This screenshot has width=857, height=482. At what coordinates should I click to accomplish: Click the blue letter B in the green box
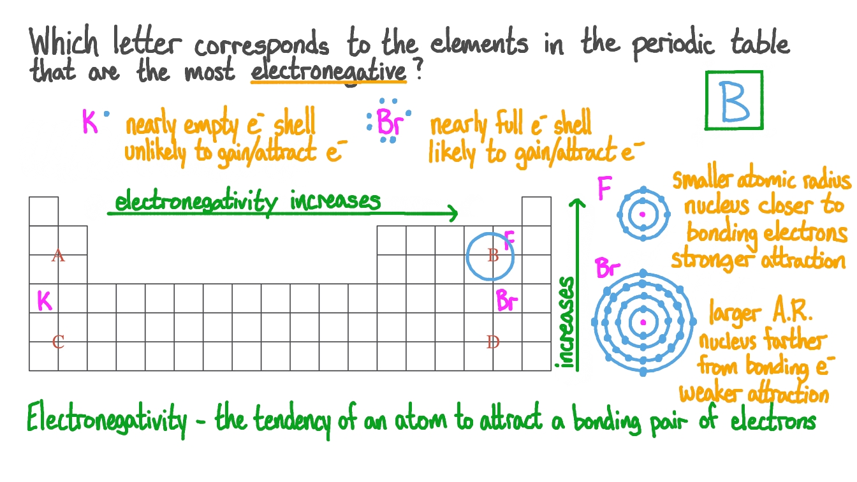[x=735, y=101]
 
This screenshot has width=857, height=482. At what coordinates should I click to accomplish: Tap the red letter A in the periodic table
[x=58, y=256]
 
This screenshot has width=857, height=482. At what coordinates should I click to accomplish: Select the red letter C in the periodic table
[x=58, y=342]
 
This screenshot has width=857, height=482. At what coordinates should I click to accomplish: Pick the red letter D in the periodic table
[x=492, y=342]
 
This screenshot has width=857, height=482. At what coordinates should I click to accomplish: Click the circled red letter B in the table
[x=492, y=256]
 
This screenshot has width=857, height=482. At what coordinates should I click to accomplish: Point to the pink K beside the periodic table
[x=44, y=300]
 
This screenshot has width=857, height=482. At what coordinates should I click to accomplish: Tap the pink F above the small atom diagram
[x=603, y=189]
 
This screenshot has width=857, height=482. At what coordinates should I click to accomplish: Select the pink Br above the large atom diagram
[x=608, y=268]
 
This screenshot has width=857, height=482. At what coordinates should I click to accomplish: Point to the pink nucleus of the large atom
[x=643, y=323]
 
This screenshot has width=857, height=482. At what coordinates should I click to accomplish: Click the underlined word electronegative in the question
[x=328, y=72]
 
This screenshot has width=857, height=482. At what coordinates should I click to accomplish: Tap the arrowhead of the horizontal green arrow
[x=453, y=213]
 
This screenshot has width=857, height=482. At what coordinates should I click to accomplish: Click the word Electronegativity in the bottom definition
[x=107, y=421]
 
